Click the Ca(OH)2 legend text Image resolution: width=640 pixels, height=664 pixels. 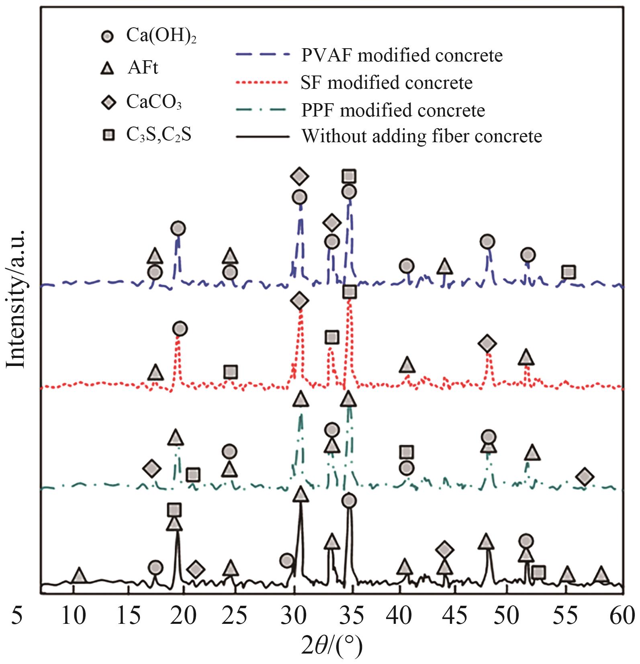click(161, 36)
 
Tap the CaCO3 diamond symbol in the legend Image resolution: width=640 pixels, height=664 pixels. click(108, 102)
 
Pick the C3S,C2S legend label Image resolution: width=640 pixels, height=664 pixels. click(159, 135)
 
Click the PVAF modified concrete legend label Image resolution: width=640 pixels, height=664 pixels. click(402, 55)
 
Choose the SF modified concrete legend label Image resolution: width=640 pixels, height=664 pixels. click(386, 83)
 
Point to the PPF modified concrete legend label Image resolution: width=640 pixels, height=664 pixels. click(393, 110)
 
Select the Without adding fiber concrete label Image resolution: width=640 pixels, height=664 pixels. click(422, 136)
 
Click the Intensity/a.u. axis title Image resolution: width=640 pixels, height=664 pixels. click(16, 298)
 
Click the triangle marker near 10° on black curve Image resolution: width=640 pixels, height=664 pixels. click(79, 575)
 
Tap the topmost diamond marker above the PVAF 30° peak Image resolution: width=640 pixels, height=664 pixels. click(299, 176)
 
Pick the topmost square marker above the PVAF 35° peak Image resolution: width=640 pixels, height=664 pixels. click(349, 176)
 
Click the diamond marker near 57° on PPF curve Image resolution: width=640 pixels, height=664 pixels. click(585, 476)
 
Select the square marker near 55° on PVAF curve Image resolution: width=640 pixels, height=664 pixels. click(568, 272)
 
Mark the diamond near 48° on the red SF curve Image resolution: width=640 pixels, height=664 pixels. click(487, 343)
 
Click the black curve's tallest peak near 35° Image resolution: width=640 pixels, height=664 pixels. click(349, 512)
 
